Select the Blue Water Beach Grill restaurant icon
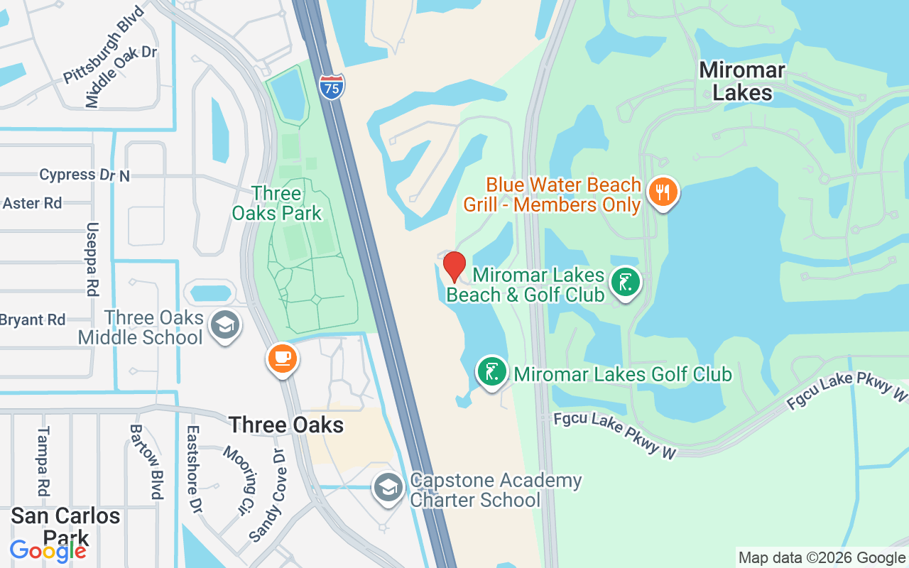pyautogui.click(x=663, y=192)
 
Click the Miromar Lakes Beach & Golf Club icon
pyautogui.click(x=625, y=283)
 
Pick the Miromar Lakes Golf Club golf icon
pyautogui.click(x=491, y=371)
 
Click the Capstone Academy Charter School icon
pyautogui.click(x=388, y=488)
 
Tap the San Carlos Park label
pyautogui.click(x=65, y=525)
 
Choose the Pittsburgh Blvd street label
pyautogui.click(x=103, y=44)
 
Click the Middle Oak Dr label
pyautogui.click(x=121, y=77)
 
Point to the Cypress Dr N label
pyautogui.click(x=85, y=175)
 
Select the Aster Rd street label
pyautogui.click(x=32, y=203)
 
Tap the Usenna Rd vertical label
pyautogui.click(x=92, y=259)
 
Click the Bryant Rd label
pyautogui.click(x=33, y=320)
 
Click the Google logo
pyautogui.click(x=48, y=550)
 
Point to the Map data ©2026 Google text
pyautogui.click(x=821, y=558)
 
